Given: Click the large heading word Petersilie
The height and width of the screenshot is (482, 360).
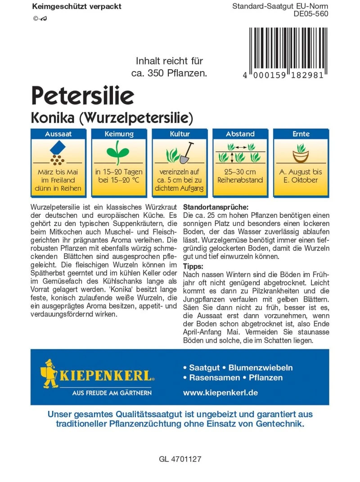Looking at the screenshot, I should point(82,95).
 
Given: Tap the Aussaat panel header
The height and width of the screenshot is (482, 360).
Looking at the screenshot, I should point(58,134).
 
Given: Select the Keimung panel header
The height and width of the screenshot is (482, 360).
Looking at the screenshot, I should point(119,134).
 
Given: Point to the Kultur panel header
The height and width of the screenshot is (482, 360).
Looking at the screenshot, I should point(180,134).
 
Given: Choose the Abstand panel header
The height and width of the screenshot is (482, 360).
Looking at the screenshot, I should point(240,134).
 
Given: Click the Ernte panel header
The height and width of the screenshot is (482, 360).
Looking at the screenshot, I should point(301,134).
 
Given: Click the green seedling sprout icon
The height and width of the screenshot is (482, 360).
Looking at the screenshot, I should point(119,151).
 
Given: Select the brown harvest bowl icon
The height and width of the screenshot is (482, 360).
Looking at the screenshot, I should point(301,154).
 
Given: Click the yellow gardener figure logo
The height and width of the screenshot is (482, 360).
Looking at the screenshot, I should point(49,373).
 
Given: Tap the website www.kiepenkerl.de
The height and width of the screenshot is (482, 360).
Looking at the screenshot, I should point(220,392).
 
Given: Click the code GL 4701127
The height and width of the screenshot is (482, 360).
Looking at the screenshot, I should point(180,459).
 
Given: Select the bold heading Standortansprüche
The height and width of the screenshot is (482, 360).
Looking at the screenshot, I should point(216,207).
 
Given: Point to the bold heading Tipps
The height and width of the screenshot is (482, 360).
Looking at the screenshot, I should point(193,266).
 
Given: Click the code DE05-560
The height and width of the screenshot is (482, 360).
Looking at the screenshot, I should point(310,14).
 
